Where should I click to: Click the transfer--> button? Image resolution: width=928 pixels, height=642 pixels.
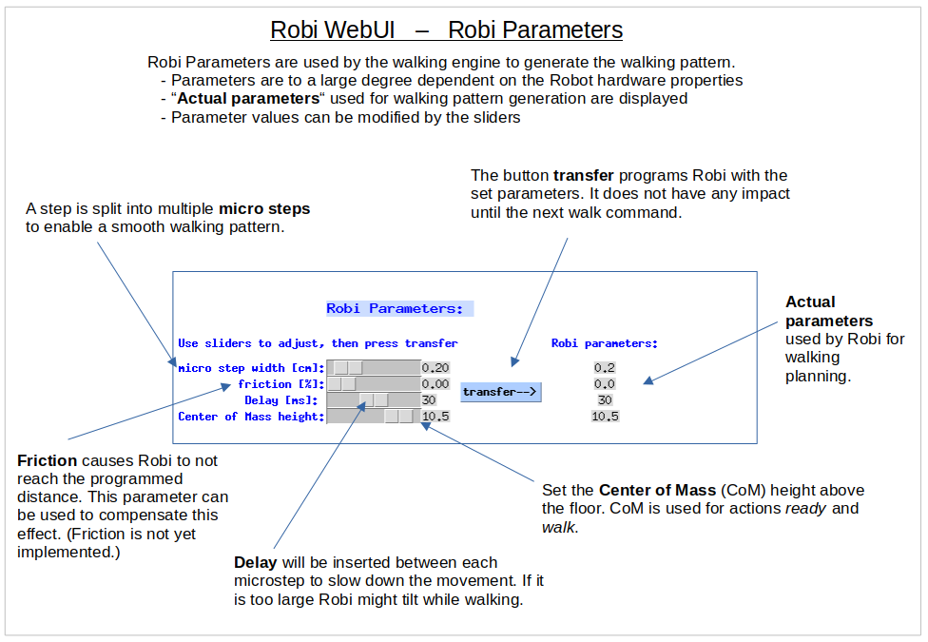pos(501,392)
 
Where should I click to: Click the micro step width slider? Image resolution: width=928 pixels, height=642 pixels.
pos(373,367)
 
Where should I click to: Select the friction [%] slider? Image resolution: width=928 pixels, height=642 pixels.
pos(373,384)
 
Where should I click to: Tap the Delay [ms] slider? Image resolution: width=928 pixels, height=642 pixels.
pos(373,400)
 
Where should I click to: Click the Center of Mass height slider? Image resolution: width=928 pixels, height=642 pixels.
pos(373,417)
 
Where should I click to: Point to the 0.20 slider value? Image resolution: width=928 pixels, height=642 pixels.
pos(435,367)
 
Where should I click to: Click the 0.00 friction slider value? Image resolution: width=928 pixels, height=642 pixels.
pos(435,384)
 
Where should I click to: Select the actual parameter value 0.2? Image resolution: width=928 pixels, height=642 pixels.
pos(605,367)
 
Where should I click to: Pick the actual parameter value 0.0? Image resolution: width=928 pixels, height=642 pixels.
pos(605,384)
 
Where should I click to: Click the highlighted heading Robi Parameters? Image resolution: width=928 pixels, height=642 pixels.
pos(399,309)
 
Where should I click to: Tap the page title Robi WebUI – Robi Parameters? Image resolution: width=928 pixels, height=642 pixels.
pos(446,29)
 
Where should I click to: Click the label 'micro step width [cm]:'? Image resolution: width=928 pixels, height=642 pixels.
pos(251,367)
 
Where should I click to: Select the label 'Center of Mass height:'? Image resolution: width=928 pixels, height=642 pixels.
pos(251,417)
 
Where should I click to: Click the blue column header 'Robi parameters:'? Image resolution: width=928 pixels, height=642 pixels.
pos(605,343)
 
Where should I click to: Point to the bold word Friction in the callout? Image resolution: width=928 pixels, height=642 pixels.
pos(47,461)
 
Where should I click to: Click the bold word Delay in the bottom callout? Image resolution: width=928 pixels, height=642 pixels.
pos(256,562)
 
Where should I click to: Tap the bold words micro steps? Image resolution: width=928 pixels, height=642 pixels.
pos(264,209)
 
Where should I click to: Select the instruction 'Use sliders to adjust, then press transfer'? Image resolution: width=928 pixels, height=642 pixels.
pos(318,343)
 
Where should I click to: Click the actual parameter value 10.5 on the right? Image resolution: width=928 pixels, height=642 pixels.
pos(606,417)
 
